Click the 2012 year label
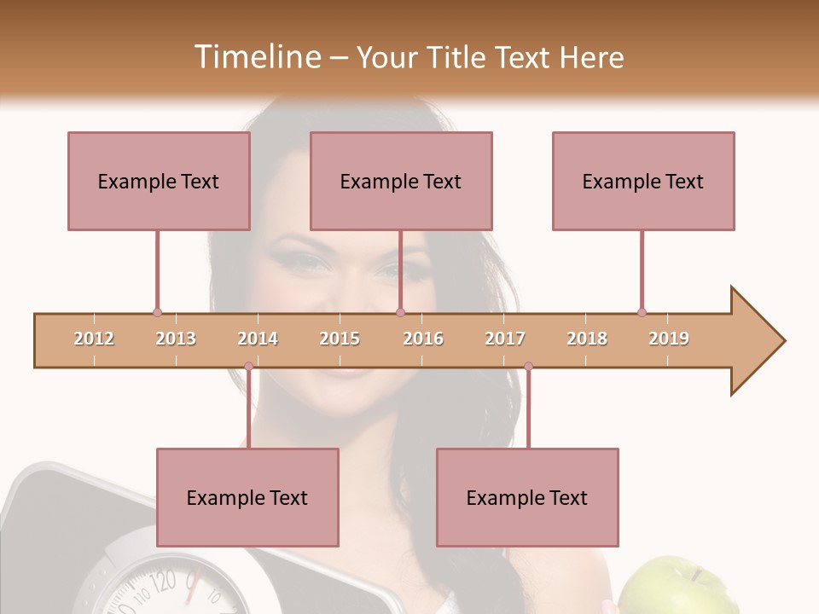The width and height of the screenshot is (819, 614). tap(94, 339)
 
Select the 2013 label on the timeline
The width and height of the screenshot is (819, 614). tap(176, 339)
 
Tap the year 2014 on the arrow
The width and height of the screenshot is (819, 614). tap(258, 339)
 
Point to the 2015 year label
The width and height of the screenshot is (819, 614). tap(340, 339)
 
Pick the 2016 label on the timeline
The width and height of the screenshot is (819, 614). tap(423, 339)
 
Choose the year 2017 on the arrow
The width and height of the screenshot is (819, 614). tap(505, 339)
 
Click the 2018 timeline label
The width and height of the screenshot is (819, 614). tap(587, 339)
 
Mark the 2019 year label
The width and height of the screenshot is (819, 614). tap(669, 339)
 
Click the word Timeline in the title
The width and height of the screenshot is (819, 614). tap(255, 57)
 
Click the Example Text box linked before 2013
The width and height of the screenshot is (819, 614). tap(159, 181)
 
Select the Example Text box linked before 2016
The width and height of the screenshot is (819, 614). tap(401, 181)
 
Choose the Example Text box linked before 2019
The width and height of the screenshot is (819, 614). tap(643, 181)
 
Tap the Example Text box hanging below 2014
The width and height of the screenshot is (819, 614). tap(247, 497)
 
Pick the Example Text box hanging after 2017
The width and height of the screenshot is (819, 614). tap(527, 497)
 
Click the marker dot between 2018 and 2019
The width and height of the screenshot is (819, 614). tap(642, 312)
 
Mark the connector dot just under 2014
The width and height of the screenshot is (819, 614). tap(248, 367)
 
